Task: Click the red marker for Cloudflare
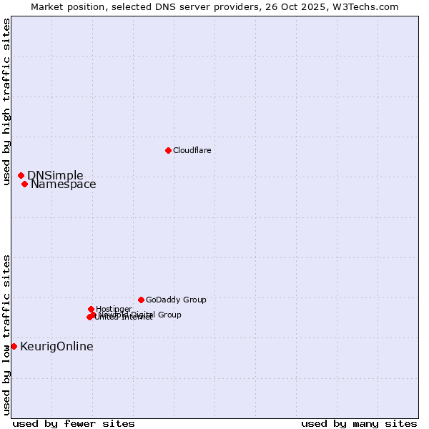point(168,150)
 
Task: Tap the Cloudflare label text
point(192,150)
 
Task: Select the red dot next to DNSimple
point(21,175)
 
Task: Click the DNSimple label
point(55,176)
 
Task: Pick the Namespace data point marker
point(24,184)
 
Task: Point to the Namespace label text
point(63,184)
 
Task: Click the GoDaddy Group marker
point(141,300)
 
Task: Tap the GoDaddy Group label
point(176,300)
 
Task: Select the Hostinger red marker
point(91,309)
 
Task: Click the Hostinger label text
point(114,309)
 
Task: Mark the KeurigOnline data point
point(14,346)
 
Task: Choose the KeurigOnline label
point(56,347)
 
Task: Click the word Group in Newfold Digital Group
point(169,315)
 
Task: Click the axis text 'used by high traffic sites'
point(6,102)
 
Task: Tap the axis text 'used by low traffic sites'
point(6,335)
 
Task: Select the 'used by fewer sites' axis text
point(74,423)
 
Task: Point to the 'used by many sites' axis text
point(359,423)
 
